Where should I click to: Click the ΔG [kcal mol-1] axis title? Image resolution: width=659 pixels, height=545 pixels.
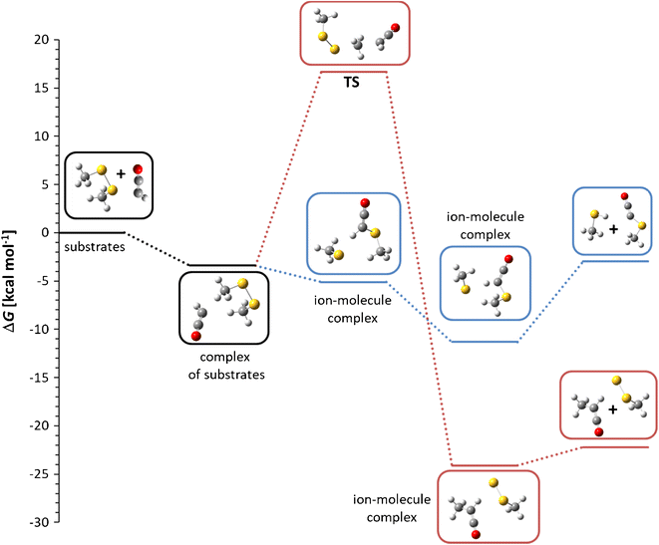(x=11, y=280)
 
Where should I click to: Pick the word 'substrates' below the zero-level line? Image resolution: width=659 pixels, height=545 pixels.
(x=93, y=244)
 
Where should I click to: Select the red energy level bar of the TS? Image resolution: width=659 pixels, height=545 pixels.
(x=354, y=72)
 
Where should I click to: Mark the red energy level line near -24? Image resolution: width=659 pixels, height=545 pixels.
(x=485, y=465)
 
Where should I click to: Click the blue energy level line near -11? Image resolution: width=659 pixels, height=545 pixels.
(x=485, y=342)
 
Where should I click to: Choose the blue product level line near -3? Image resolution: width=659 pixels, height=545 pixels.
(x=615, y=261)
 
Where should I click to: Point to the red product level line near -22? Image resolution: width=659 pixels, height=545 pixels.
(x=615, y=447)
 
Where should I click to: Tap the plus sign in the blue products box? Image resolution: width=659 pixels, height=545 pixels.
(x=614, y=228)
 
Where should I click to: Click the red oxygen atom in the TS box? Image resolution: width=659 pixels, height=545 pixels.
(x=396, y=27)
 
